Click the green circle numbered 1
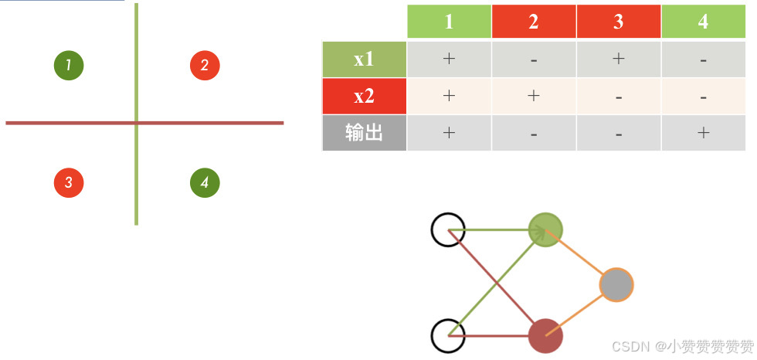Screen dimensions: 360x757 [x=69, y=65]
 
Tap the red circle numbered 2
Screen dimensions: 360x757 [x=205, y=65]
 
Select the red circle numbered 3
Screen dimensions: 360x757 [x=69, y=182]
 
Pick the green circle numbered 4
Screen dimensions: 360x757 [x=205, y=182]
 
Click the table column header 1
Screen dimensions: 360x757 [x=449, y=22]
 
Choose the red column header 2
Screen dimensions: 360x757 [x=534, y=22]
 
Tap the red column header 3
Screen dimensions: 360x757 [x=618, y=22]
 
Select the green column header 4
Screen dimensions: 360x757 [x=703, y=22]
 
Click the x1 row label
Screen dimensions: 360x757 [x=364, y=59]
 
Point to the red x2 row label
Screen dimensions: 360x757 [x=364, y=97]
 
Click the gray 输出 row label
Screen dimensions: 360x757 [x=364, y=133]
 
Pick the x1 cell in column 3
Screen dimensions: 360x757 [x=618, y=59]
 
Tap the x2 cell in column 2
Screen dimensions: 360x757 [x=534, y=97]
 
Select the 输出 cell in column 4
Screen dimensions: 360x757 [x=703, y=133]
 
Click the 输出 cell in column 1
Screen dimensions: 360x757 [x=449, y=133]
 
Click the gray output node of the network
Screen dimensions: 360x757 [x=616, y=285]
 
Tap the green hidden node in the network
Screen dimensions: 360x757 [x=545, y=229]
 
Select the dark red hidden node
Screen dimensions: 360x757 [x=545, y=336]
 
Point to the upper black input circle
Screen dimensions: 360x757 [x=448, y=229]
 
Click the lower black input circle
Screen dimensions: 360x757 [x=448, y=336]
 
